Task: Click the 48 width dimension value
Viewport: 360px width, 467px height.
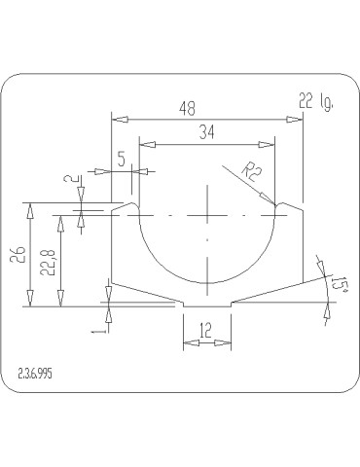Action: click(188, 108)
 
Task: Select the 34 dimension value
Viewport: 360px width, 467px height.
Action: click(207, 132)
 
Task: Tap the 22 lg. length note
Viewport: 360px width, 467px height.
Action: click(316, 102)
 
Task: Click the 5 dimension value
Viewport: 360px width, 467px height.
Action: click(122, 160)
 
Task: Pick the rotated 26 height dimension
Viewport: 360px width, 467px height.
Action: click(18, 255)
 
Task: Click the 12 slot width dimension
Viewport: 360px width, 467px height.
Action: click(205, 331)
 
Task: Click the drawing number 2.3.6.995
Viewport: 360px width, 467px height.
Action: click(35, 374)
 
